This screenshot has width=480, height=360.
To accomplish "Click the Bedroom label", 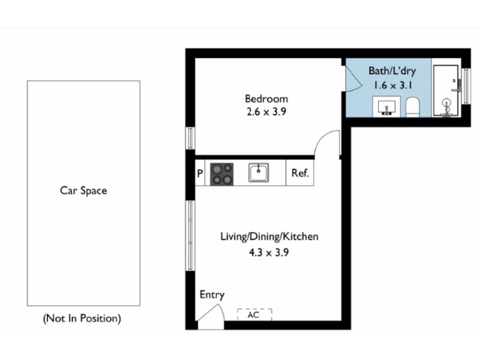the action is click(266, 98).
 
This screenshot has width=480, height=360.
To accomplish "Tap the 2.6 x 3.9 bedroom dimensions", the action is click(266, 112).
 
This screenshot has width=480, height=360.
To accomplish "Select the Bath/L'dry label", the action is click(392, 71).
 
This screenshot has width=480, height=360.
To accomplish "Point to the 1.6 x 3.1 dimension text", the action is click(392, 85).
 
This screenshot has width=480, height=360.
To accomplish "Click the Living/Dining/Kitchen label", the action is click(269, 236).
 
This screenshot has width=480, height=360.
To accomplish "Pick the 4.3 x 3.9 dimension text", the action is click(269, 253).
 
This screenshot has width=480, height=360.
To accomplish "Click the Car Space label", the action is click(83, 191).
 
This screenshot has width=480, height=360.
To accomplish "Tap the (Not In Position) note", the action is click(82, 319).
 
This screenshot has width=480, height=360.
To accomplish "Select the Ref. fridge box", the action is click(299, 173).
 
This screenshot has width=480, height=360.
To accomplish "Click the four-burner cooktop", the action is click(221, 174).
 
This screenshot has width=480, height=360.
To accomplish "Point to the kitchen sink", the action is click(259, 173).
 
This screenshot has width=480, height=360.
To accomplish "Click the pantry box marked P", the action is click(200, 173).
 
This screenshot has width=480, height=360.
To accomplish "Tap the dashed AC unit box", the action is click(254, 314).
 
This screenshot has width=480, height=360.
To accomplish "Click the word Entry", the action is click(212, 295).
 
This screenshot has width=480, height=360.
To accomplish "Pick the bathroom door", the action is click(353, 78).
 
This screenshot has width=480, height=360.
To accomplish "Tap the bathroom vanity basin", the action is click(386, 107).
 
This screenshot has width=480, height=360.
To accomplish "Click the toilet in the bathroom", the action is click(412, 107).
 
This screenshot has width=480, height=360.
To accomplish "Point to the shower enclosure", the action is click(446, 91).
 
